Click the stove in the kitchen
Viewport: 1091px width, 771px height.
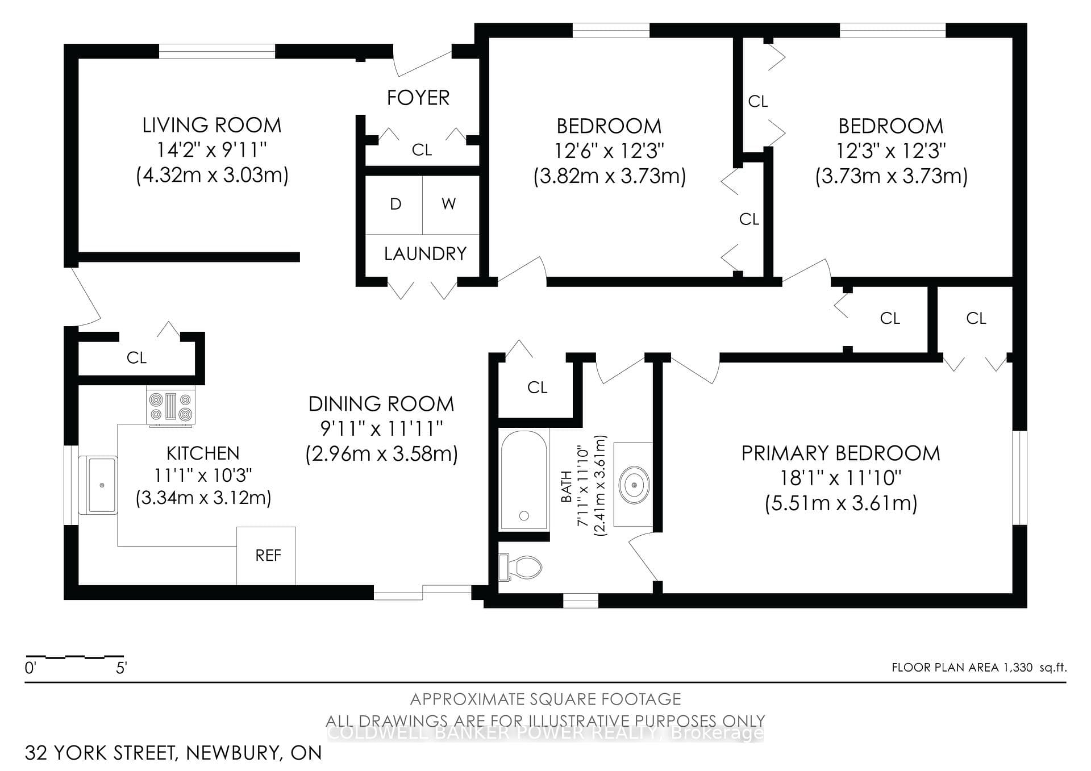171,406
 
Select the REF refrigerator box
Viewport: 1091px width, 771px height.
266,556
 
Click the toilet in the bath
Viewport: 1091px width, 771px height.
520,566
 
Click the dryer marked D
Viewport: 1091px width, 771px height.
394,205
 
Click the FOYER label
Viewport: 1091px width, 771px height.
418,98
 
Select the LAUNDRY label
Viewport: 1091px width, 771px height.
425,253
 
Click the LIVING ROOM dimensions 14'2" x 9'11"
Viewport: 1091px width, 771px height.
212,150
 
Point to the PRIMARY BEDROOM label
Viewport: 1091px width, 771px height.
841,453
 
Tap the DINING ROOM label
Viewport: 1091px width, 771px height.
381,404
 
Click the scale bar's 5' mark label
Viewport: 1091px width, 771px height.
121,668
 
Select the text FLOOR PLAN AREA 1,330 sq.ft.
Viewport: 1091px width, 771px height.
979,668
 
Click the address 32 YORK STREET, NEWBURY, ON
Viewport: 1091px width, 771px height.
173,752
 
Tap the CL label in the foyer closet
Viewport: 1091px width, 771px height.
422,150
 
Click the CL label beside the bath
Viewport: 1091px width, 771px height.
537,387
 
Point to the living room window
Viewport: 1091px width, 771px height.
217,51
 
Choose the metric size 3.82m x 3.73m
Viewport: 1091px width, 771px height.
610,176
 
